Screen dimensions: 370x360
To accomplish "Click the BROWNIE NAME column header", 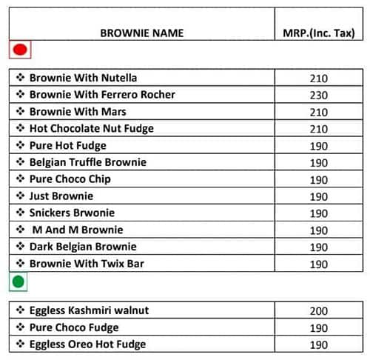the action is [x=141, y=33].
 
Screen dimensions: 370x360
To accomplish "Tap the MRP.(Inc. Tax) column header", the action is [x=319, y=33].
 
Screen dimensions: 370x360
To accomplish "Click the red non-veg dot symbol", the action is [x=20, y=50].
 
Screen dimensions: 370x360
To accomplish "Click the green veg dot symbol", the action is [x=18, y=281].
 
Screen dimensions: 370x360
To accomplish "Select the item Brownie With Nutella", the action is [x=83, y=78].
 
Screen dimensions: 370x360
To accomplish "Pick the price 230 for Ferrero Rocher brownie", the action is [x=319, y=95].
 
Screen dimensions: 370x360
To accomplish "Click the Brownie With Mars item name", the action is [x=78, y=112].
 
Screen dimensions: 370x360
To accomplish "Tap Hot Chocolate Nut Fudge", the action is [x=91, y=129].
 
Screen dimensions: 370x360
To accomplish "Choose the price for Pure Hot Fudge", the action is [x=319, y=146].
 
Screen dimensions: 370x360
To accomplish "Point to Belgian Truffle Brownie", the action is [x=87, y=162].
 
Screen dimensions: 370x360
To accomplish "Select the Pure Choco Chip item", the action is [x=70, y=179].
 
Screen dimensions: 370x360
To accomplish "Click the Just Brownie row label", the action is [x=61, y=196].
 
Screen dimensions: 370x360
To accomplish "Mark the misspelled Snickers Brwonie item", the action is [x=73, y=213].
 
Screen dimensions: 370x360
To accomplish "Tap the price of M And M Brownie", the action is [x=319, y=230].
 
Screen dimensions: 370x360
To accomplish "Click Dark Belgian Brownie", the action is [x=83, y=247].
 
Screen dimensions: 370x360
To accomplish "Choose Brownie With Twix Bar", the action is [x=87, y=264].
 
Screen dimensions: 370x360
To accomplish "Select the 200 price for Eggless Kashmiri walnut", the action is [x=319, y=311].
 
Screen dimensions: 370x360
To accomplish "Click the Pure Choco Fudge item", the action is [x=74, y=327].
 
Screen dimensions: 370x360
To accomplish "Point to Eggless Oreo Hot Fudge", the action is [x=87, y=344].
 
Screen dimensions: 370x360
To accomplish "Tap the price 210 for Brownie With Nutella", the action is [x=319, y=78].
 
